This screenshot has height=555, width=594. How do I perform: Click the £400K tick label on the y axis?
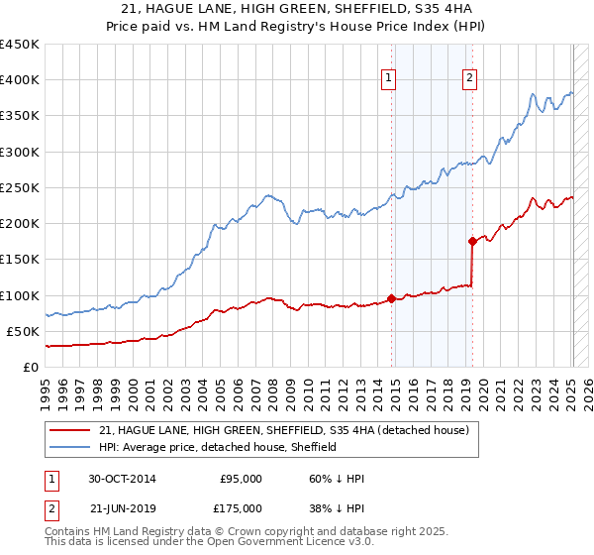20,80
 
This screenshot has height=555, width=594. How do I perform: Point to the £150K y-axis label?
20,259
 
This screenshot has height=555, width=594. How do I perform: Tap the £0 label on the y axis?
32,367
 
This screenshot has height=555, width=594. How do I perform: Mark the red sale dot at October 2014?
392,298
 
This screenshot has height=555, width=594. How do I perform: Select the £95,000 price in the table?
241,479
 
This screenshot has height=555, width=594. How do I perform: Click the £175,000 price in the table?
241,508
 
